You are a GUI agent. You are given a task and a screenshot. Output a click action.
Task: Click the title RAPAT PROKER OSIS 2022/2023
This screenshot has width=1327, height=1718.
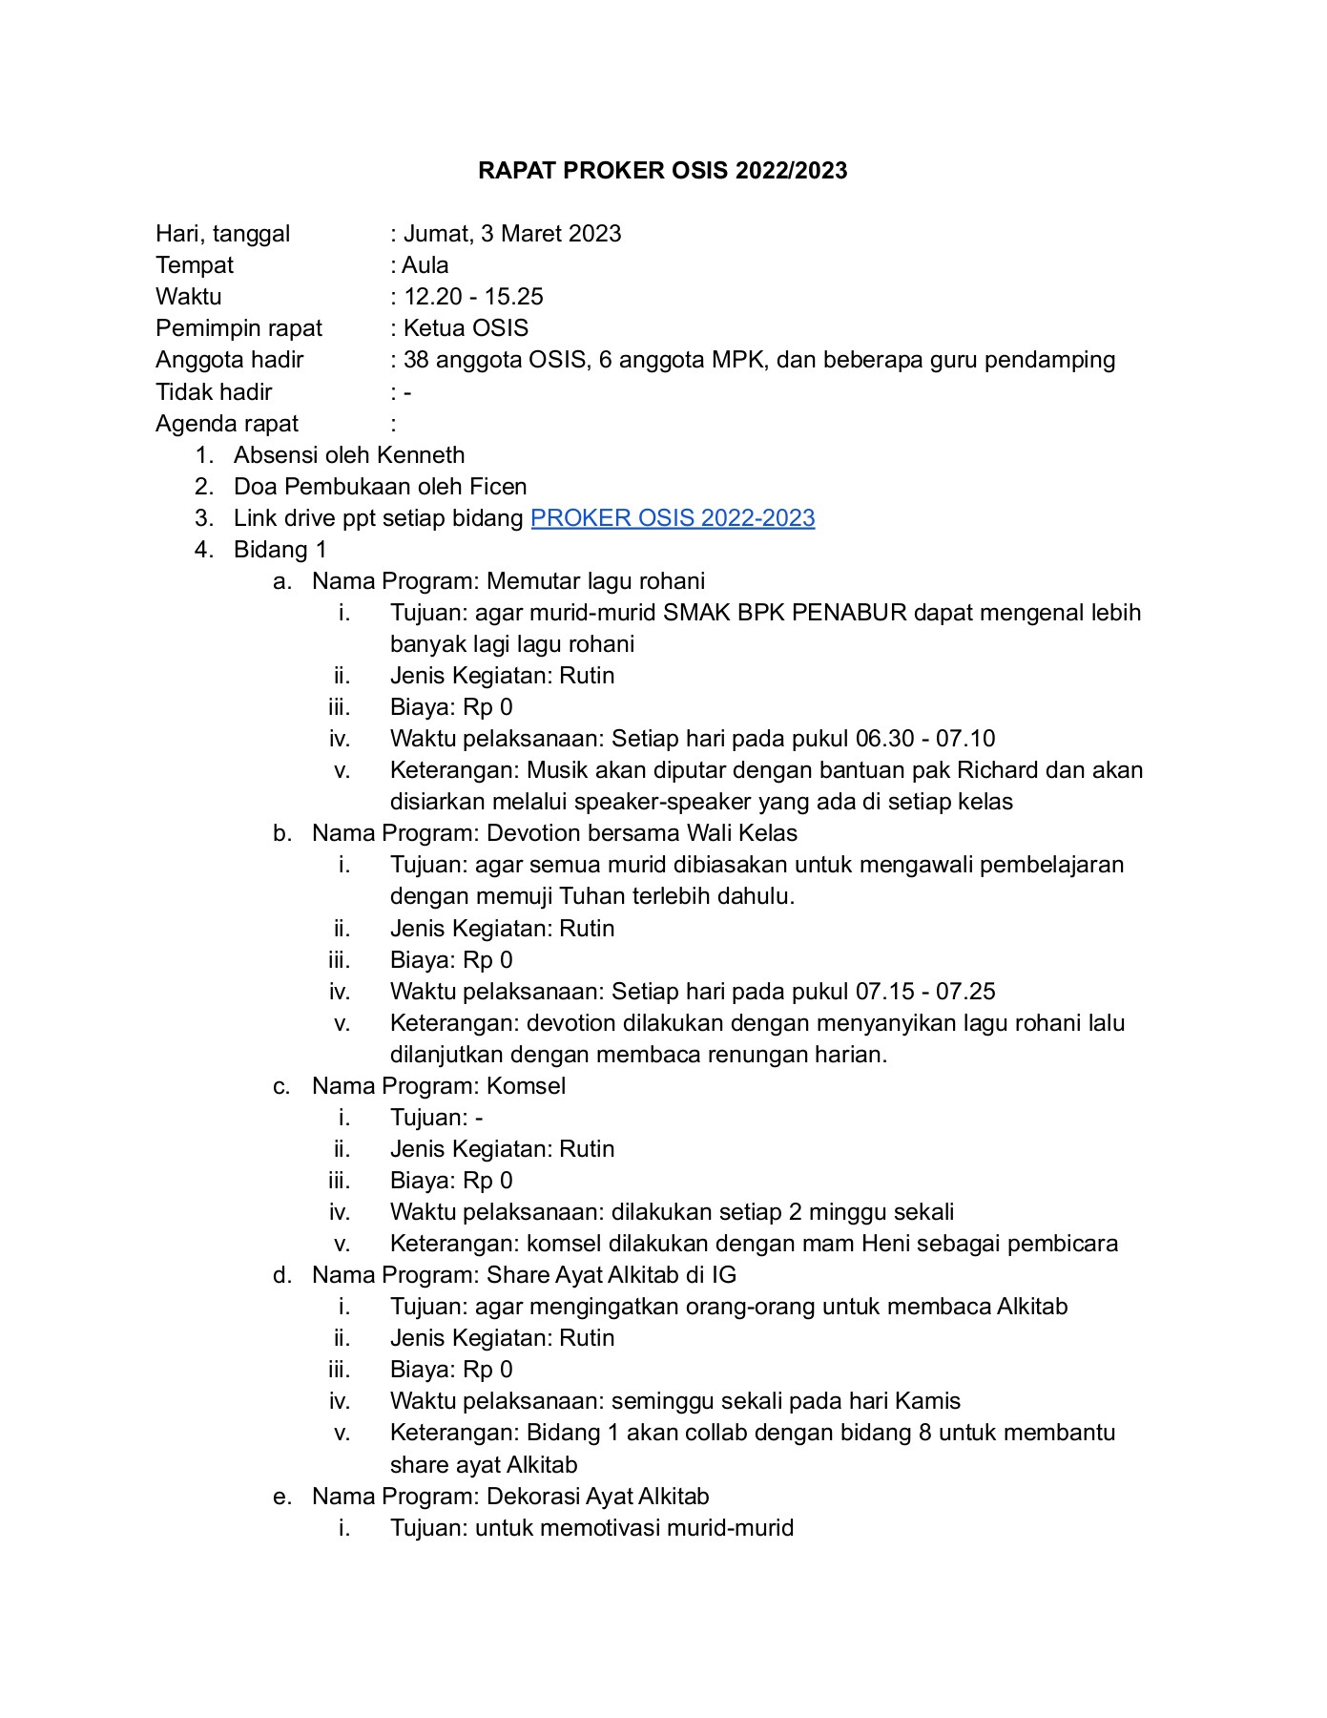click(662, 171)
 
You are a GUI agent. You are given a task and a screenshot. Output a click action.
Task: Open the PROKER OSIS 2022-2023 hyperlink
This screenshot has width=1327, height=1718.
click(672, 518)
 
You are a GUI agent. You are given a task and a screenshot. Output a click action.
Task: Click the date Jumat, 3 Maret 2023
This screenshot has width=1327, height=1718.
click(512, 234)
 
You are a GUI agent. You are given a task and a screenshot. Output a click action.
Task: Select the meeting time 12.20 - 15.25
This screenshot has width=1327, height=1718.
click(473, 297)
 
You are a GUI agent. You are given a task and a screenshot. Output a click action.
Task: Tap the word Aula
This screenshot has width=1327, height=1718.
click(425, 265)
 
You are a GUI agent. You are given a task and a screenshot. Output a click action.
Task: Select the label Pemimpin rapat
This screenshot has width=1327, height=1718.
click(238, 328)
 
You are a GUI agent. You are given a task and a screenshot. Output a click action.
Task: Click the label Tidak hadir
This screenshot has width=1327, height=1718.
click(214, 392)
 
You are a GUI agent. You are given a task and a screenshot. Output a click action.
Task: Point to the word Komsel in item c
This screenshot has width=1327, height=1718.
click(526, 1086)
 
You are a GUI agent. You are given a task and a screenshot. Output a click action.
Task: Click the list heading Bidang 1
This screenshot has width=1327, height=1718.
click(280, 550)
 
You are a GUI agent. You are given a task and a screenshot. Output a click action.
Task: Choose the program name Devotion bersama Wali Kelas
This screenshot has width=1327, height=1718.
click(641, 833)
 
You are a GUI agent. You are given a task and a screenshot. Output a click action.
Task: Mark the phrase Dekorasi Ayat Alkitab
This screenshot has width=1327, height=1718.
click(597, 1497)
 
